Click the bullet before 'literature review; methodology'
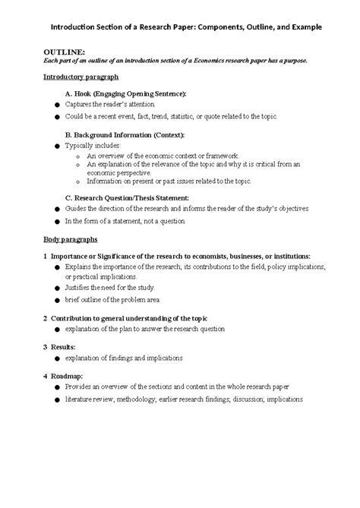(56, 398)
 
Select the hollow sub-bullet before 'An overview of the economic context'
(78, 154)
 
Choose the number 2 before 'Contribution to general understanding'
(46, 317)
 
